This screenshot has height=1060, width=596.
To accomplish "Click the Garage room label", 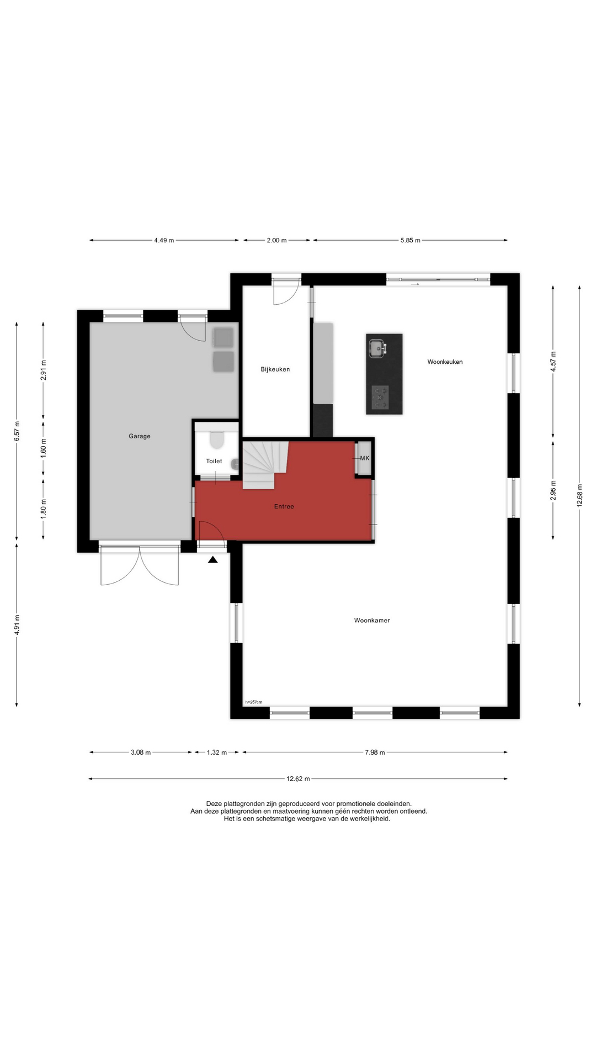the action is tap(140, 436).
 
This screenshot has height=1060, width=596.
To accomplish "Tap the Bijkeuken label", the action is tap(275, 369).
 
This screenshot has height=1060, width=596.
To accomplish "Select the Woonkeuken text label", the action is tap(445, 362).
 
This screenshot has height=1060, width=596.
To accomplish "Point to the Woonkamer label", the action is tap(372, 621).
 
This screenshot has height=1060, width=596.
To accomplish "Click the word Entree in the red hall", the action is tap(284, 506).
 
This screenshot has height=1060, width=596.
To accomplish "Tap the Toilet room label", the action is tap(214, 461).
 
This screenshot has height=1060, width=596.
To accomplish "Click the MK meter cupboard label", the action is tap(365, 458).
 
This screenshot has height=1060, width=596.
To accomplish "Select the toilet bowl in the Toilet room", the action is tap(216, 439).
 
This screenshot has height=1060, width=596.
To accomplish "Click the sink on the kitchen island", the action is tap(378, 348).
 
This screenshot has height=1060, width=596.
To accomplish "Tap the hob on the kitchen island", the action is tap(380, 397).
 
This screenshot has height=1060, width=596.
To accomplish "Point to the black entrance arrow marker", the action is tap(213, 560).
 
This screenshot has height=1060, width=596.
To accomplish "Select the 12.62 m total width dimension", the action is tap(298, 779).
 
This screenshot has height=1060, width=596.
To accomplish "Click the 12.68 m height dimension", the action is tap(579, 495).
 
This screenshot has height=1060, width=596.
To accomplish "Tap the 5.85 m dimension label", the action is tap(411, 240).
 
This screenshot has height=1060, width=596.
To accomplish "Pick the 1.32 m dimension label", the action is tap(217, 752).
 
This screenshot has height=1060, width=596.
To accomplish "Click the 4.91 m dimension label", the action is tap(17, 625).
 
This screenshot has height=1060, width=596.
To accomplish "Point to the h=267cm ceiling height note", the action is tap(254, 702).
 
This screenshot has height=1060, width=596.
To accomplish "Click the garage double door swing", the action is tap(140, 565).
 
